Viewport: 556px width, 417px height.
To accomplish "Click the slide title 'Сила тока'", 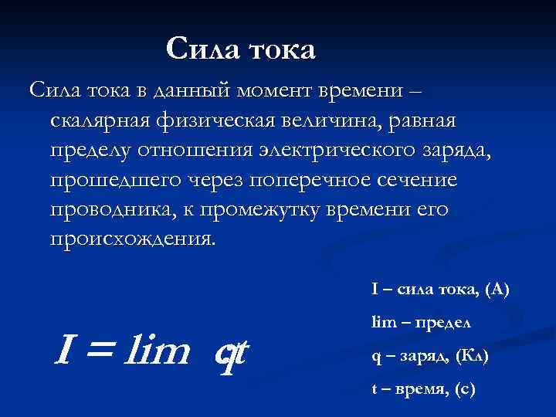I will point(241,49).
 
